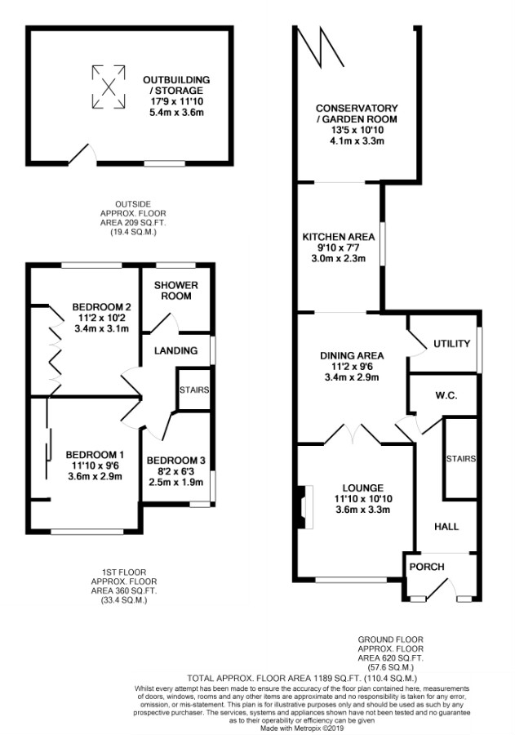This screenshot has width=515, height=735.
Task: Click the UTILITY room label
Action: pyautogui.click(x=451, y=344)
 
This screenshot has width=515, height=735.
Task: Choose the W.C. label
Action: pyautogui.click(x=445, y=395)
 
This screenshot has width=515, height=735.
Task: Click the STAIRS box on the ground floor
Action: pyautogui.click(x=460, y=459)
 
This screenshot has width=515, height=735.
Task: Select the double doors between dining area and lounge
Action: pyautogui.click(x=352, y=434)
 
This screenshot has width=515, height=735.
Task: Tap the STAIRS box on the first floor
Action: pyautogui.click(x=193, y=390)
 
